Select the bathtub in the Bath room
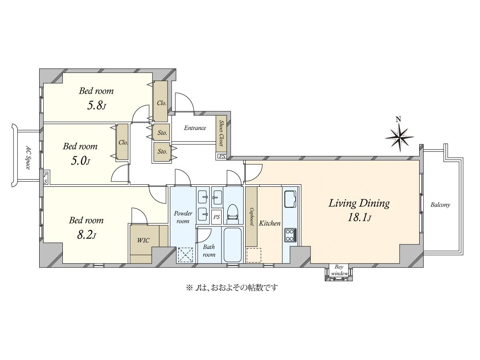point(232,244)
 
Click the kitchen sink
point(290,199)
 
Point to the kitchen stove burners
point(290,235)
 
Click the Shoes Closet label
point(221,133)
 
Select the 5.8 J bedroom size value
point(96,106)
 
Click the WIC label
point(143,240)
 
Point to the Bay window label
point(339,270)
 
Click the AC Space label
point(28,157)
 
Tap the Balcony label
point(440,205)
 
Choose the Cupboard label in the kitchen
point(251,216)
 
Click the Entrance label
point(195,128)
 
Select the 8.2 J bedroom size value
point(86,235)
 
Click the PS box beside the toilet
point(216,217)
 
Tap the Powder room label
point(183,217)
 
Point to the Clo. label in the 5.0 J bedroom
point(123,142)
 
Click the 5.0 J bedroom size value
point(80,161)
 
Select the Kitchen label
point(270,223)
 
